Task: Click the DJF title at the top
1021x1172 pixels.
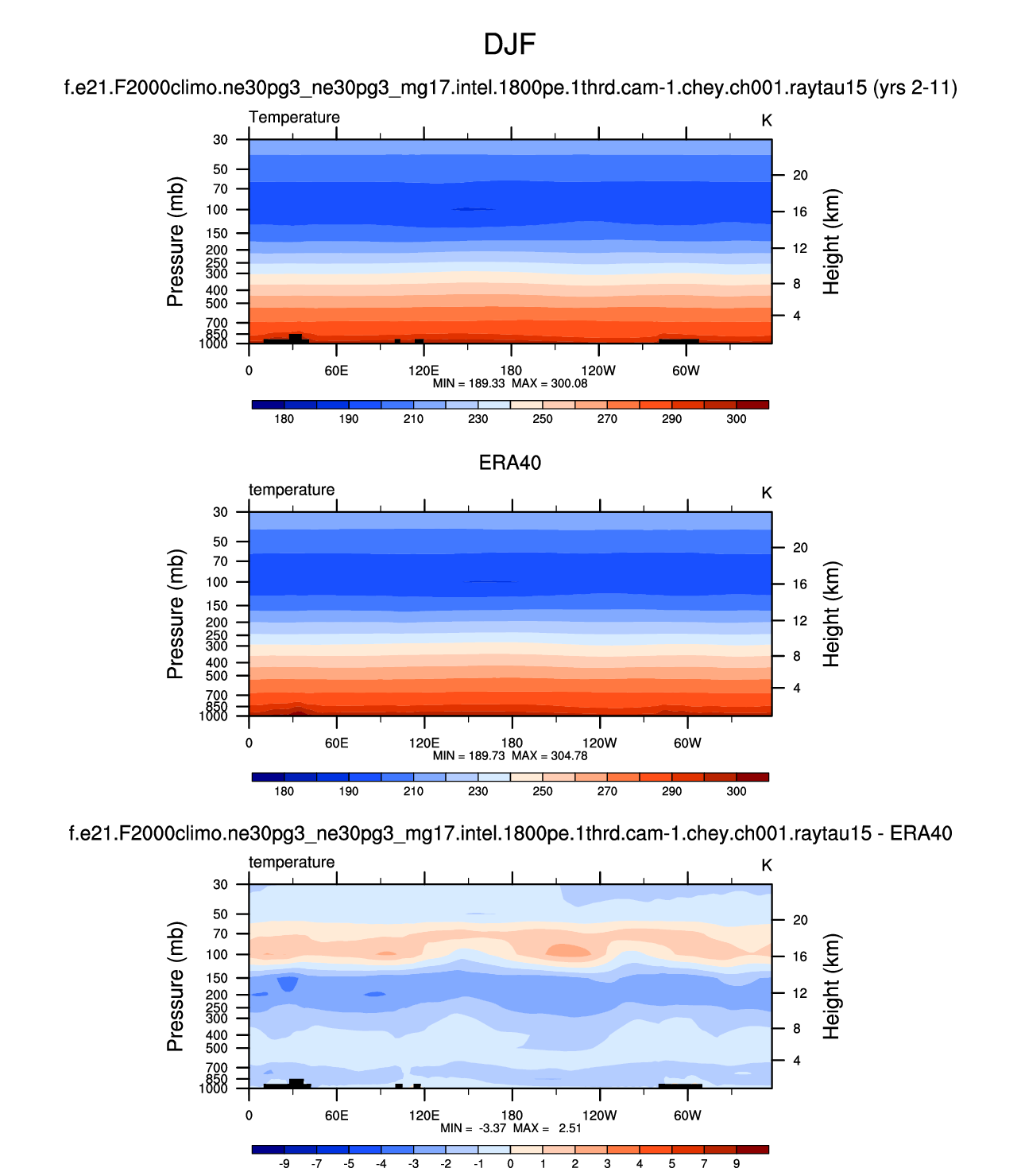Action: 509,45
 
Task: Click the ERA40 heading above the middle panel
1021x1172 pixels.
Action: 510,463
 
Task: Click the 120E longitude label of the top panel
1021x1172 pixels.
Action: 423,371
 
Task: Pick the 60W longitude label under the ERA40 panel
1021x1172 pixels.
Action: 687,743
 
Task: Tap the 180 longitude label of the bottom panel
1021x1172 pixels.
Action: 511,1115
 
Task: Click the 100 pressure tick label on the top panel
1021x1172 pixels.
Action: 217,210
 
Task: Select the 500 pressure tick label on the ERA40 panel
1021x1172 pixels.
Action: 217,676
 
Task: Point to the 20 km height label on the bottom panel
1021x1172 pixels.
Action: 800,920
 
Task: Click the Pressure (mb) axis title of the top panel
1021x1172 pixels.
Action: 176,242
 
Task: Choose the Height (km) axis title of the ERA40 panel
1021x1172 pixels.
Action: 831,614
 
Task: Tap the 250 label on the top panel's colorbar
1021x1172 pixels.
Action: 543,419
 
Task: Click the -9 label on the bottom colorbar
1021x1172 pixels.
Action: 284,1163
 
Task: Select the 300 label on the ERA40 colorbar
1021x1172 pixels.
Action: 737,791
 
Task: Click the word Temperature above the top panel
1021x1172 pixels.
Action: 294,117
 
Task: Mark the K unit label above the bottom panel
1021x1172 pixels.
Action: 767,865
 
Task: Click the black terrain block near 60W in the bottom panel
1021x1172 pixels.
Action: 680,1085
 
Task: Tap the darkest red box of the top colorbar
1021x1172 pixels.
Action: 752,405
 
